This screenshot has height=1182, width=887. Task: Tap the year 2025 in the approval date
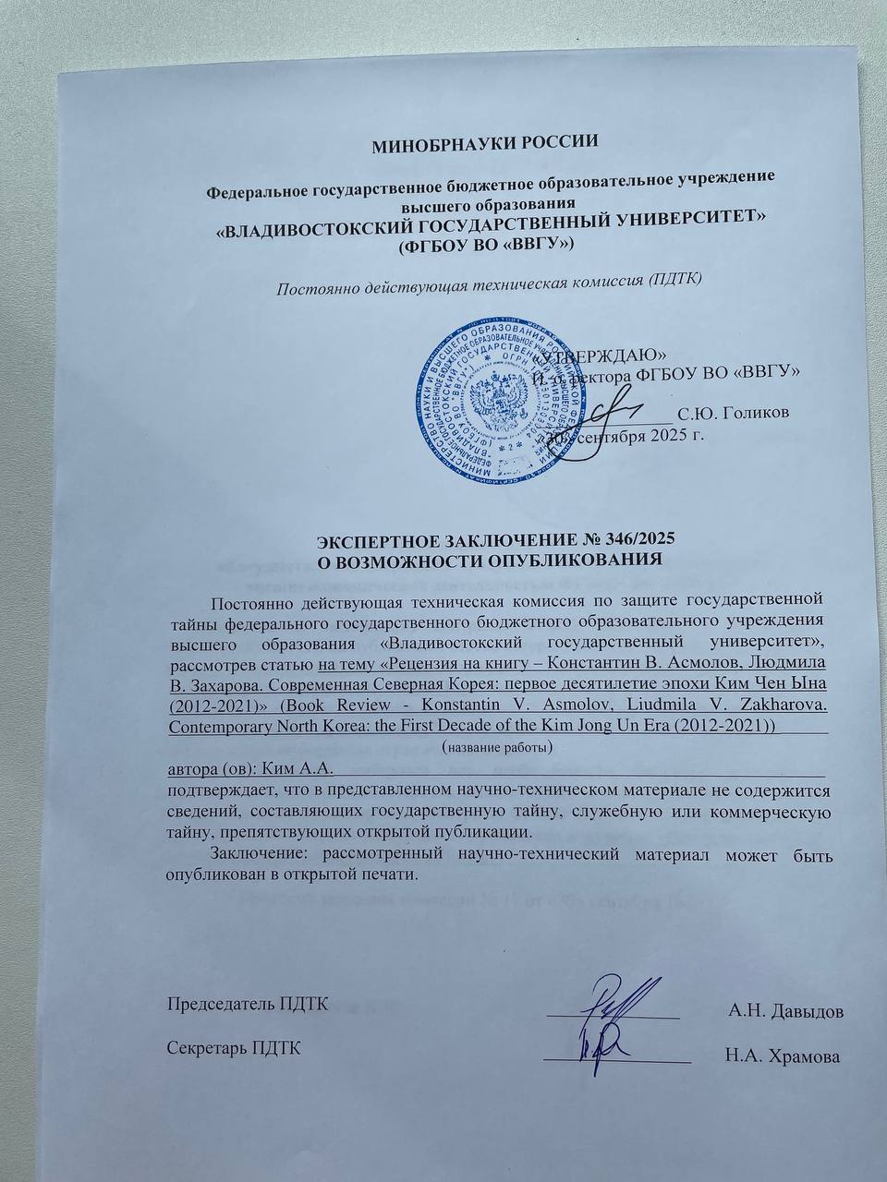[662, 435]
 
